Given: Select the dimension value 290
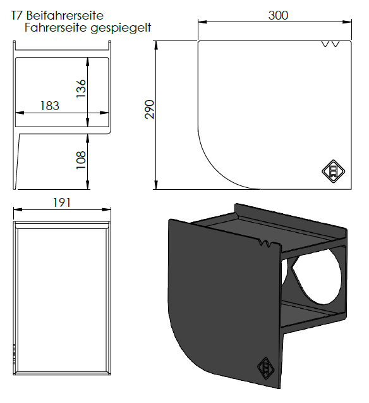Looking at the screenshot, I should (150, 110).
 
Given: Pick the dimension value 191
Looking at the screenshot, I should (61, 202).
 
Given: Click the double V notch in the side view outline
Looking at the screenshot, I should (330, 44).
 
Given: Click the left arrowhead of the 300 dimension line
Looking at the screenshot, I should (202, 22).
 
